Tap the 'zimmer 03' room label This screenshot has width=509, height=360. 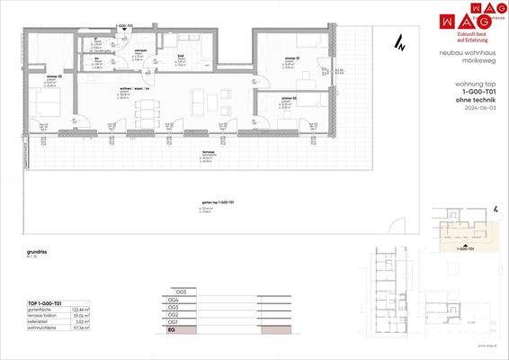click(51, 76)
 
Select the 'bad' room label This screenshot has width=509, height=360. click(181, 57)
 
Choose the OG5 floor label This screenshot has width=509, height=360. click(182, 292)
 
